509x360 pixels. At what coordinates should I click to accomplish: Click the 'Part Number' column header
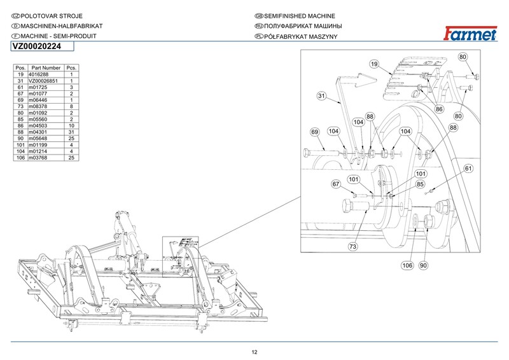click(x=45, y=67)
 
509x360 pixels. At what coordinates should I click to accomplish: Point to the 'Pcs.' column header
click(x=71, y=67)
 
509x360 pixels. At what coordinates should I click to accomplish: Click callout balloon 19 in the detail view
click(x=374, y=64)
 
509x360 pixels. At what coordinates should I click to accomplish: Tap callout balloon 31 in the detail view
click(x=321, y=97)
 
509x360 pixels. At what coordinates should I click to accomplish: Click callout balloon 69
click(x=314, y=132)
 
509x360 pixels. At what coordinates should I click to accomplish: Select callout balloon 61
click(x=468, y=169)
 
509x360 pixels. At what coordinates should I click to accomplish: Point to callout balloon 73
click(x=352, y=246)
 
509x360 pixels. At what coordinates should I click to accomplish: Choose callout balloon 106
click(x=407, y=265)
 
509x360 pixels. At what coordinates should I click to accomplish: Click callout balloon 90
click(x=423, y=265)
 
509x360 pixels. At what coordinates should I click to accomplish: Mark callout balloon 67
click(x=336, y=184)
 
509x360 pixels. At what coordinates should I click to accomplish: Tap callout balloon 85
click(x=420, y=184)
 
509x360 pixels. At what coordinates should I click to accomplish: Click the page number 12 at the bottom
click(x=254, y=352)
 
